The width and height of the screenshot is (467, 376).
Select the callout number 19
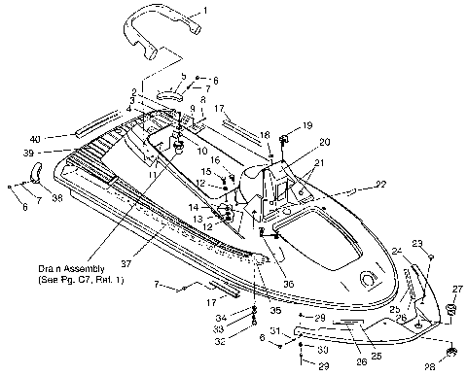click(x=307, y=125)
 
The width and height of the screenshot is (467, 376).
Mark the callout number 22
click(x=381, y=184)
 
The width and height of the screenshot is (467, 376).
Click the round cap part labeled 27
click(x=451, y=310)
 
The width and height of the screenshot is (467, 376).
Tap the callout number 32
click(x=220, y=342)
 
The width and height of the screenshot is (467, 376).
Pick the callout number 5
click(x=182, y=75)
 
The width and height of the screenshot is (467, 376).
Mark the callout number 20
click(x=324, y=142)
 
